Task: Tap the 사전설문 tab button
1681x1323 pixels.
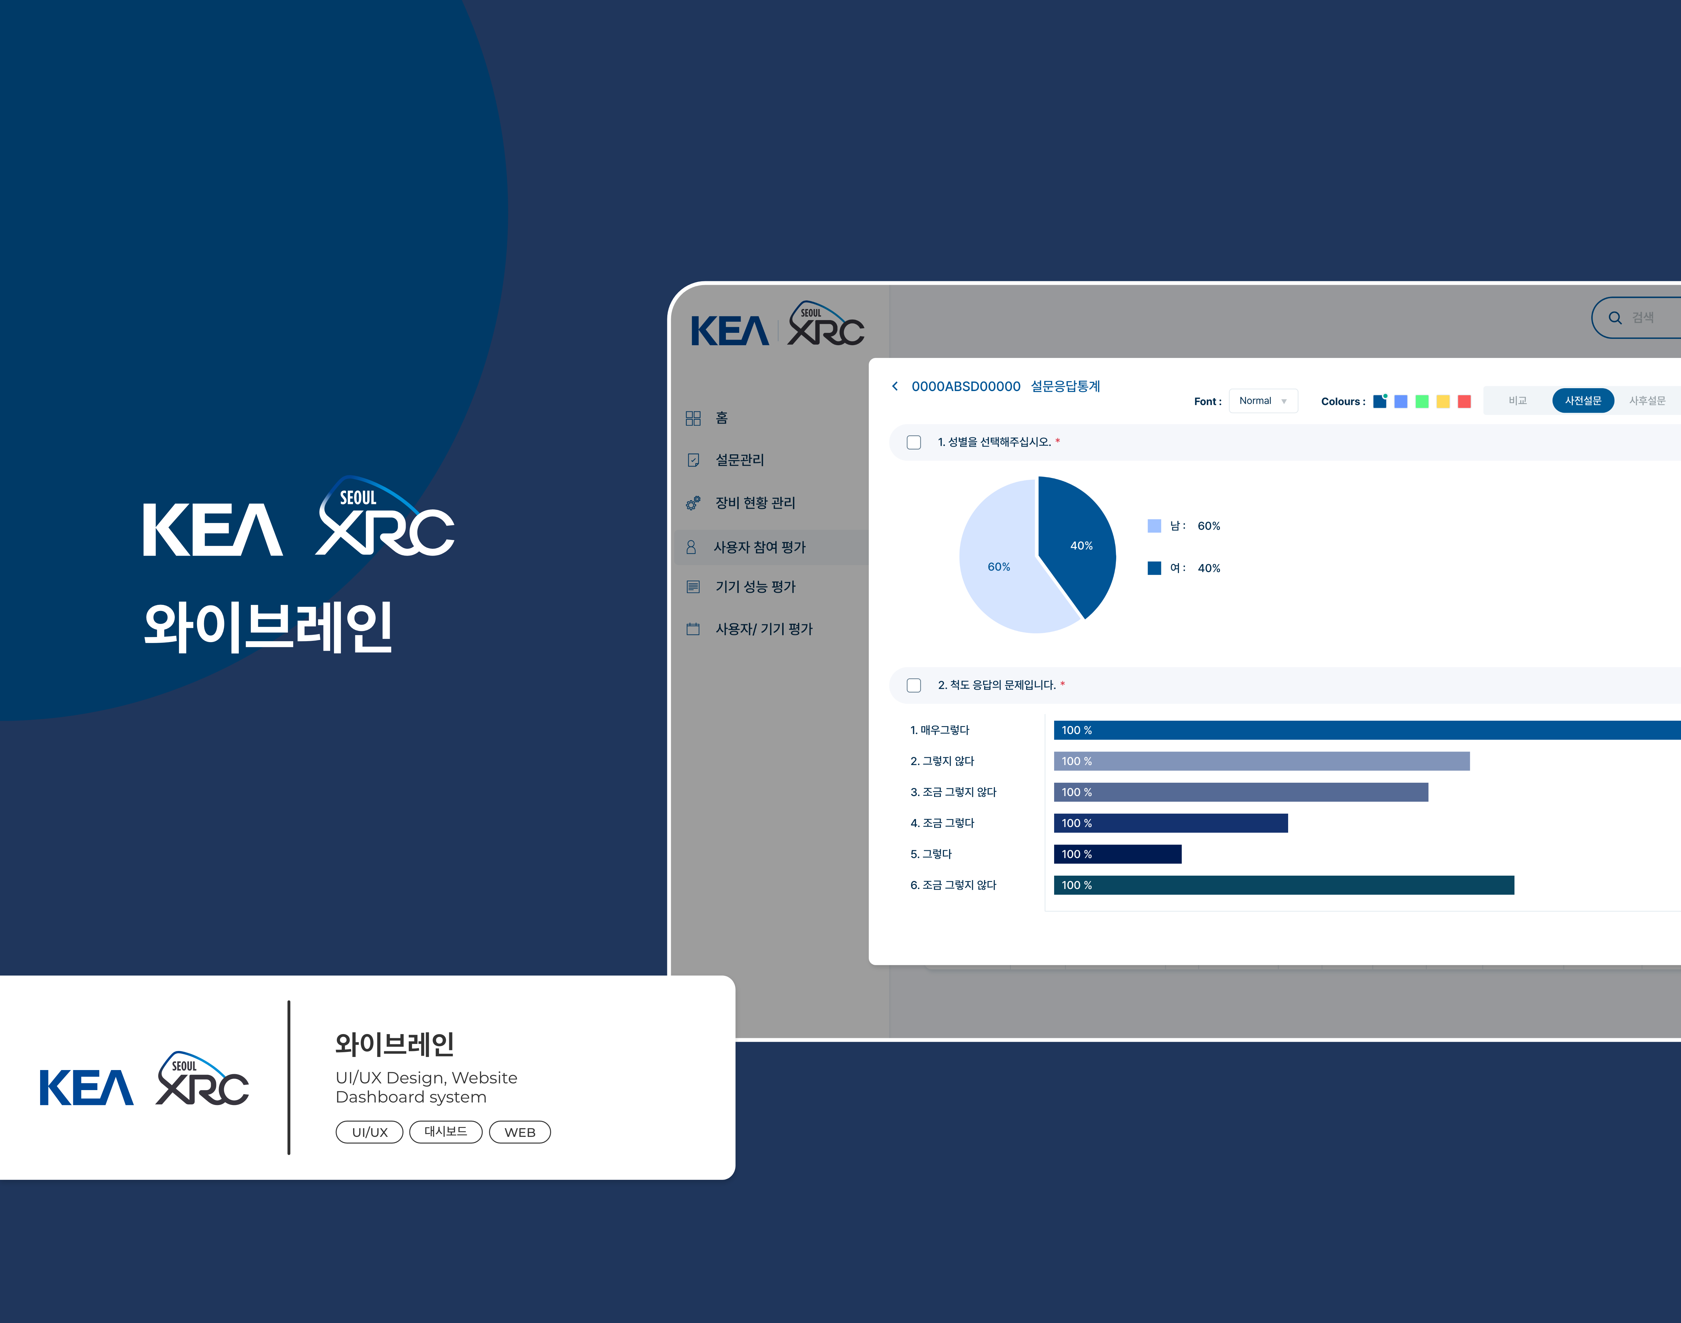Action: click(x=1583, y=401)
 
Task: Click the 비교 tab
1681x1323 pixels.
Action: click(x=1517, y=401)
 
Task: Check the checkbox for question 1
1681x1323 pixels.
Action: click(x=914, y=442)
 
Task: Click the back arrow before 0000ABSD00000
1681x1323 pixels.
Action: click(x=895, y=386)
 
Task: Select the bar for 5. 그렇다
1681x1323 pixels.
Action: click(x=1117, y=854)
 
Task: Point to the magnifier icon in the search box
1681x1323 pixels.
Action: click(x=1615, y=318)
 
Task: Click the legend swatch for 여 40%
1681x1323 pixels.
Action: click(x=1154, y=568)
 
